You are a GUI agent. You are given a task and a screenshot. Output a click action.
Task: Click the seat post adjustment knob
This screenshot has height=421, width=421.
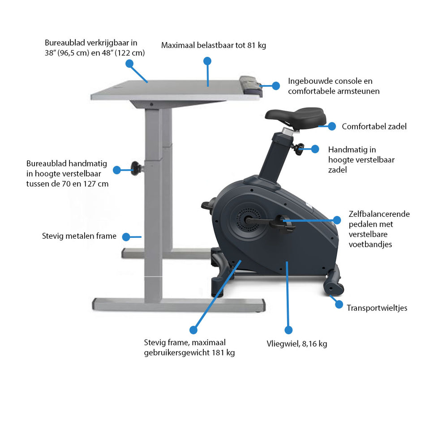tap(297, 149)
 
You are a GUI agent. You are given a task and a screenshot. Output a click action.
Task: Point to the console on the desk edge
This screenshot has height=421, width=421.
tap(251, 86)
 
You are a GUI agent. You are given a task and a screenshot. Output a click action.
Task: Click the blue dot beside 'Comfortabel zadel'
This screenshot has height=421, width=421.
tap(332, 126)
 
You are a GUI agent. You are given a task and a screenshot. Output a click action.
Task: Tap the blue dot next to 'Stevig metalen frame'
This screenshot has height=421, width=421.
tap(126, 237)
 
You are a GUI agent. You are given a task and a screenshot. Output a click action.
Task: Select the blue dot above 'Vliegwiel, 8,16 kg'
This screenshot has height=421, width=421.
tap(288, 330)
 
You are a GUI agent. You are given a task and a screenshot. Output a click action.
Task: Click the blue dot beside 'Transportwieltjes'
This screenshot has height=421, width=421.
tap(339, 304)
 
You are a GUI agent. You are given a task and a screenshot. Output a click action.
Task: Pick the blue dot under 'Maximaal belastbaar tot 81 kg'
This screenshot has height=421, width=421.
tap(207, 61)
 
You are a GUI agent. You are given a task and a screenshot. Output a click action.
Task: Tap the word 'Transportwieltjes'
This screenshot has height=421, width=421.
tap(377, 308)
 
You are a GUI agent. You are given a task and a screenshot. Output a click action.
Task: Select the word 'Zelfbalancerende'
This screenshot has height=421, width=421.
tap(379, 214)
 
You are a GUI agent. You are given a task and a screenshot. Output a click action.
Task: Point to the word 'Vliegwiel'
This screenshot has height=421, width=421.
tap(283, 344)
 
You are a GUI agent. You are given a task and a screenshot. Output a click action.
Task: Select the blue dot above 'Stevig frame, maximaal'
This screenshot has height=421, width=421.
tap(193, 330)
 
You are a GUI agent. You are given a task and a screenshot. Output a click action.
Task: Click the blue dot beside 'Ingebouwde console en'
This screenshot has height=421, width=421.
tap(276, 86)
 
